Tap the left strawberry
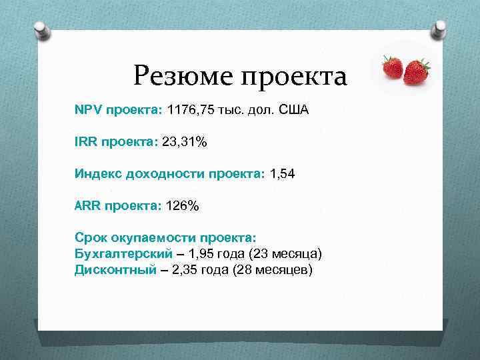(392, 67)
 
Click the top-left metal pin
(41, 30)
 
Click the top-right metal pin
(439, 28)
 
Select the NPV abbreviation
(86, 109)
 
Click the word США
(293, 109)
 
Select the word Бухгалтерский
(123, 254)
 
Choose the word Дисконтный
(115, 270)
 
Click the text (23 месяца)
(285, 254)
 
